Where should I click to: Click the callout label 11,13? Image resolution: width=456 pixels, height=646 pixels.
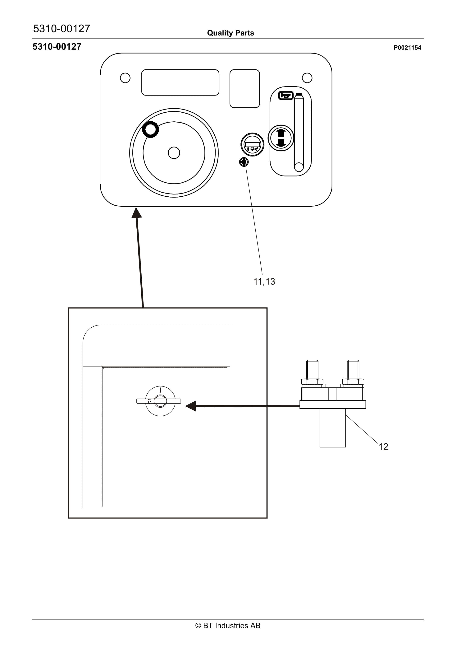(264, 281)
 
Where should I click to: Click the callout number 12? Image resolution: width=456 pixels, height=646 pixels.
(383, 447)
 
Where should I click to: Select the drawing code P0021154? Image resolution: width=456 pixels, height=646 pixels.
(407, 48)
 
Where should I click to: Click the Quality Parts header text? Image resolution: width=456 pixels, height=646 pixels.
(230, 33)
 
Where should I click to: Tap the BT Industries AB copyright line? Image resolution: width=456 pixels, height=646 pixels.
(228, 625)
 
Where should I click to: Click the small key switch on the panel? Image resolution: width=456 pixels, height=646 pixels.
(244, 162)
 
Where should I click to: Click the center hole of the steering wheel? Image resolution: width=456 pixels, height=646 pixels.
(174, 153)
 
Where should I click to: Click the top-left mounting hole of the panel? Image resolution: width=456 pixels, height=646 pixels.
(125, 78)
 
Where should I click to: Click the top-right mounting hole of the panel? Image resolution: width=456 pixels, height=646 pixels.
(307, 78)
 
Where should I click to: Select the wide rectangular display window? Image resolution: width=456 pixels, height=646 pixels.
(180, 82)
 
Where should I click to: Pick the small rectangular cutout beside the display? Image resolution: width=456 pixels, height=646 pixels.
(245, 89)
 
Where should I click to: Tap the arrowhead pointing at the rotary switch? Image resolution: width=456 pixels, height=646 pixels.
(191, 406)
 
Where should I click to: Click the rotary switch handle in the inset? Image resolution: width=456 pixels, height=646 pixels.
(159, 401)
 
